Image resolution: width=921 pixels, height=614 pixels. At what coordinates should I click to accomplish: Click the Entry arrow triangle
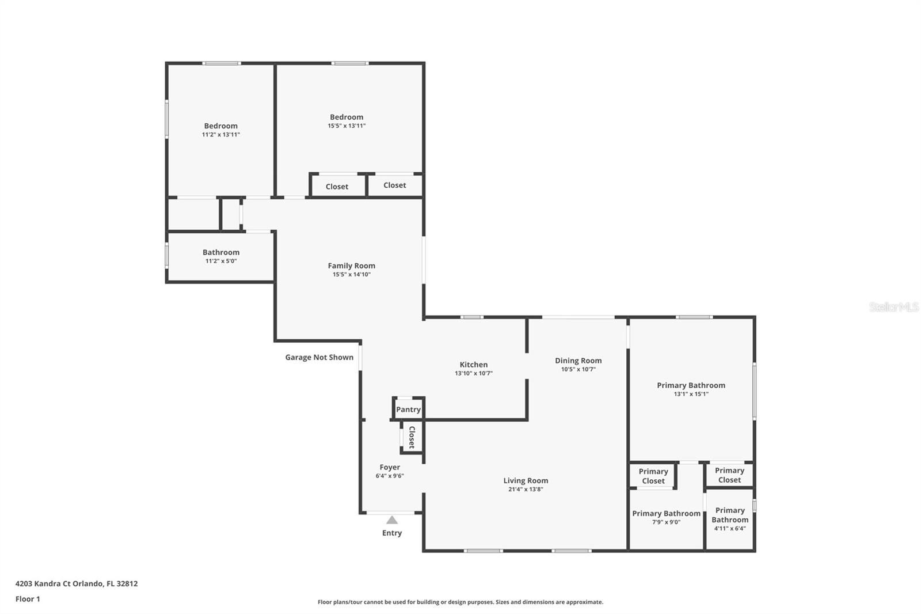click(392, 520)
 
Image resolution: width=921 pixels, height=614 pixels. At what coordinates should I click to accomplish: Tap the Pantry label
click(408, 410)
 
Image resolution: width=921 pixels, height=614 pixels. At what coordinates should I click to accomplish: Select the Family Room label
click(351, 266)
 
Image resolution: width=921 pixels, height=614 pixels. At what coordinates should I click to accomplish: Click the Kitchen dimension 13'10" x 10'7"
click(473, 373)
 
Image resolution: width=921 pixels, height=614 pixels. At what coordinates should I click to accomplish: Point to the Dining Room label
click(578, 361)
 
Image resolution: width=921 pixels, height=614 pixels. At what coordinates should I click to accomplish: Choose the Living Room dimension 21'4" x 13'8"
click(526, 490)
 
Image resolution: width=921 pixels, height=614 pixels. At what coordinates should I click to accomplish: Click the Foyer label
click(390, 467)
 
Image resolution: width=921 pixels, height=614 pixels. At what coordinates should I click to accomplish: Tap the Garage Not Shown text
click(319, 357)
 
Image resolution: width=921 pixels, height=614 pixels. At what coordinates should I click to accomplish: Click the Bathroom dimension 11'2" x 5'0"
click(221, 261)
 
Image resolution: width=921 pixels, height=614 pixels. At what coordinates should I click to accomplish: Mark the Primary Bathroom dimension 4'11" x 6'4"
click(729, 528)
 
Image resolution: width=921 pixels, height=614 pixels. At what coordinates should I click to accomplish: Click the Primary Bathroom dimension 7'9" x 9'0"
click(666, 522)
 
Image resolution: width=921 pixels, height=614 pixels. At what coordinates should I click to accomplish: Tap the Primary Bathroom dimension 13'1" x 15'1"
click(691, 394)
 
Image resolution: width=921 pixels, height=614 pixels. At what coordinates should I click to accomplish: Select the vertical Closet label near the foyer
click(412, 437)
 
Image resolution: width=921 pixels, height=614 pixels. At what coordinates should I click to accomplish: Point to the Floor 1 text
click(28, 599)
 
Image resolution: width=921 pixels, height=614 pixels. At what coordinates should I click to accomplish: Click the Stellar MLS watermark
click(893, 307)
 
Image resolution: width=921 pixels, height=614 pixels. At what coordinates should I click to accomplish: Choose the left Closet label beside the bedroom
click(337, 187)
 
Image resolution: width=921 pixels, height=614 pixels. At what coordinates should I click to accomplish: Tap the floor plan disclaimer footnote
click(460, 602)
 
